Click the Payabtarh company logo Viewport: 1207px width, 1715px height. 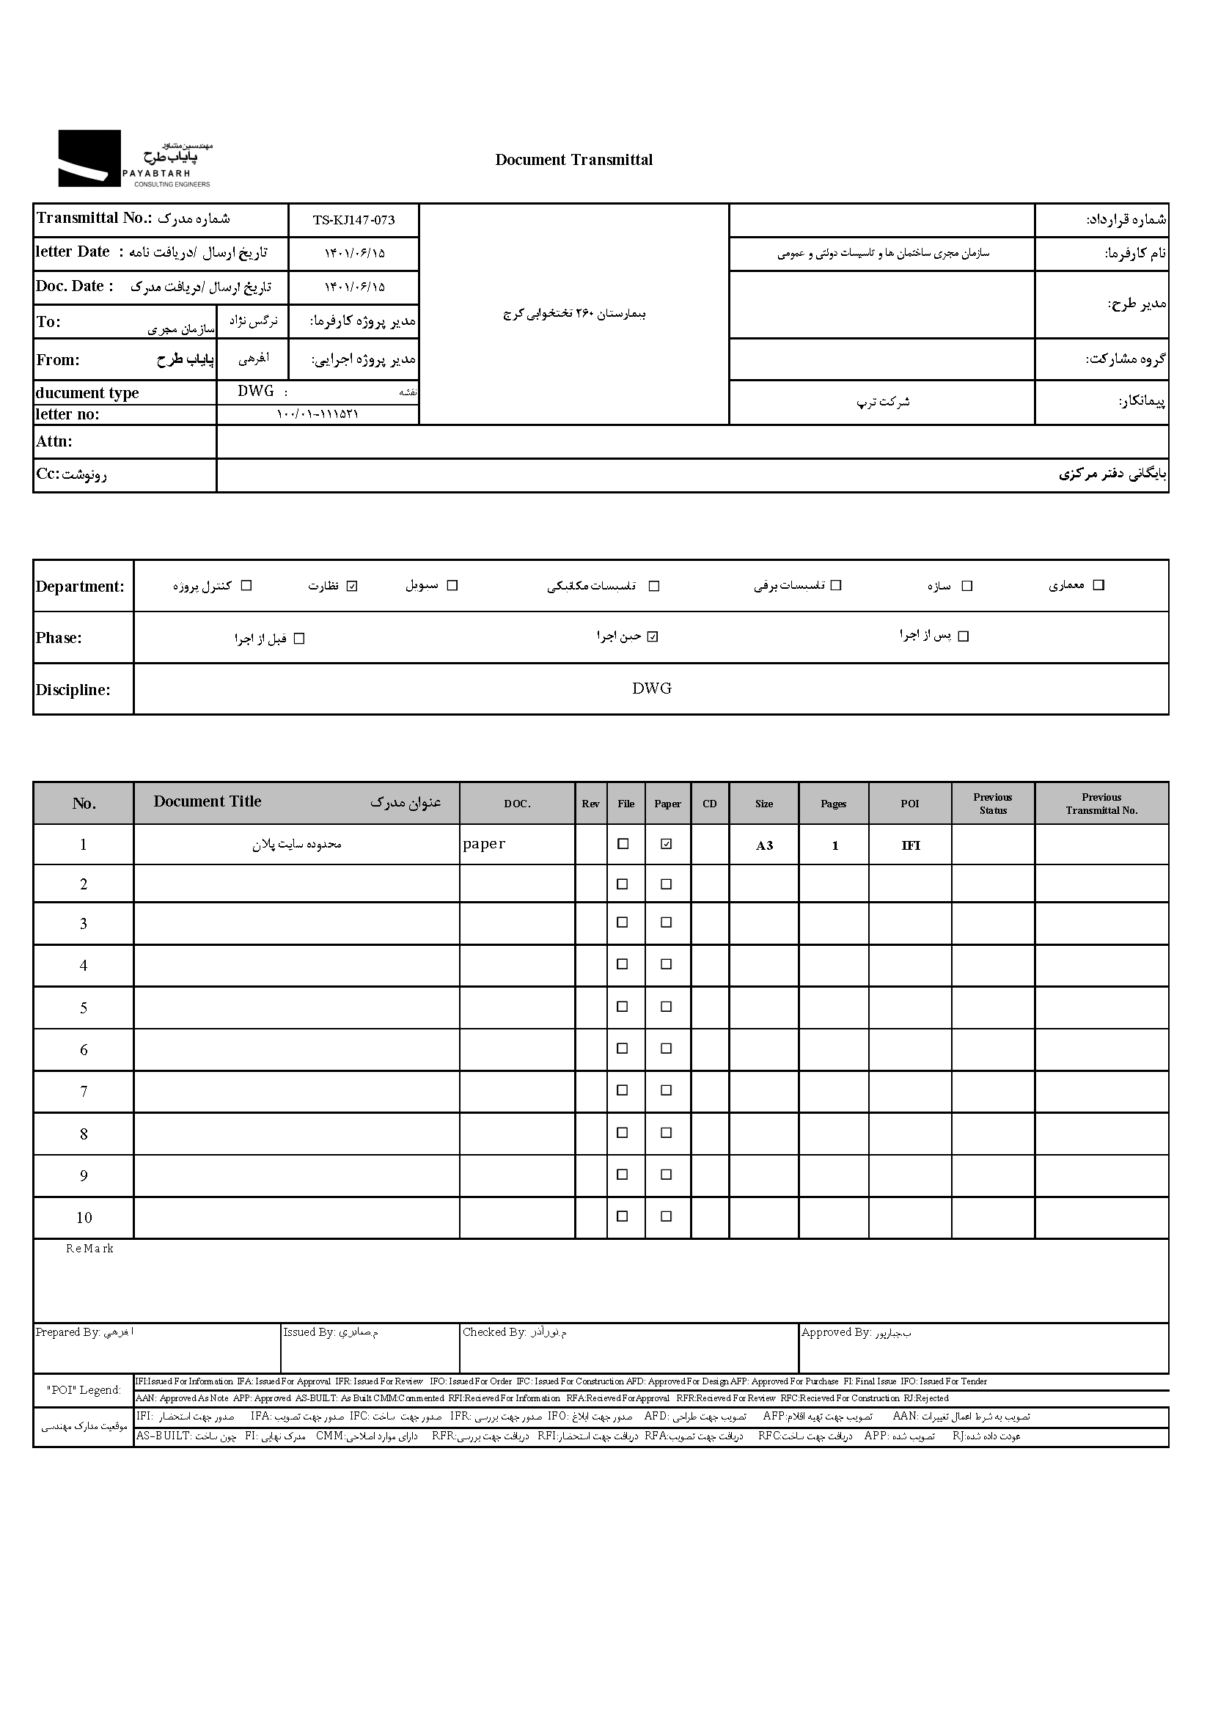point(134,158)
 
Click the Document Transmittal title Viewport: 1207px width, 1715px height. point(573,160)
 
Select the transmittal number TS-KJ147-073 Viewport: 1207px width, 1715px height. point(353,221)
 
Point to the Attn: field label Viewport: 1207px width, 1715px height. point(54,441)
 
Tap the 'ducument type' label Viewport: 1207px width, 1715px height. point(87,393)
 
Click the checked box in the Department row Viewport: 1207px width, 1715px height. point(353,586)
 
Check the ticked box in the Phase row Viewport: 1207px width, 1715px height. point(653,637)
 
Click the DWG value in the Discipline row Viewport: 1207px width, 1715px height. point(651,688)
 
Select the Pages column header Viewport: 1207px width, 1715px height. point(833,804)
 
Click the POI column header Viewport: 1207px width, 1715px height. point(909,804)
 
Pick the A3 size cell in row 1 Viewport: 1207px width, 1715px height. point(763,845)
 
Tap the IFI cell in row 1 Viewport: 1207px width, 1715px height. point(910,845)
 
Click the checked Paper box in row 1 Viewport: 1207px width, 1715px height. point(667,844)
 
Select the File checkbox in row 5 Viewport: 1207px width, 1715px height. point(622,1007)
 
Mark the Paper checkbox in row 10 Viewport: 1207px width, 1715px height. point(667,1217)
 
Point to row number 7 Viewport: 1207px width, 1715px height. point(84,1092)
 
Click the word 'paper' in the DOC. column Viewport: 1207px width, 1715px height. point(484,844)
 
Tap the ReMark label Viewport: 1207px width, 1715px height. point(89,1249)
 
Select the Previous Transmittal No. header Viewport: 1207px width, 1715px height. point(1101,804)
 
